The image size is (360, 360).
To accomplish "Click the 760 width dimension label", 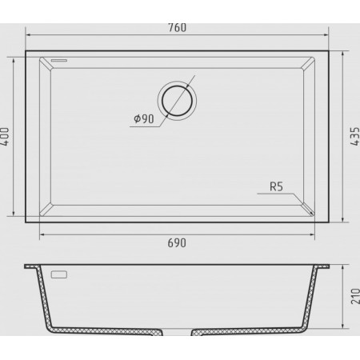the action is click(x=177, y=28).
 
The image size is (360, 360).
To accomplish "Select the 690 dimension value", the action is click(x=177, y=243).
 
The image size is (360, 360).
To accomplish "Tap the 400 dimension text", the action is click(x=5, y=136).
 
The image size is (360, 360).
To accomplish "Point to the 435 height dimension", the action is click(x=355, y=136).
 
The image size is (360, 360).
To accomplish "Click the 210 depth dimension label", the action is click(x=355, y=296).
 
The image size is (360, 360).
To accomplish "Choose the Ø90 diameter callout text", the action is click(x=144, y=118).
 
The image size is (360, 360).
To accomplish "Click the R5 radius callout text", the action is click(x=276, y=186).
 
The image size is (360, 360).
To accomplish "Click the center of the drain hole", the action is click(x=177, y=101).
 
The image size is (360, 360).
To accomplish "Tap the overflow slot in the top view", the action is click(x=59, y=61).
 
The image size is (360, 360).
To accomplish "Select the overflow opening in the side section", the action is click(x=59, y=274).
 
